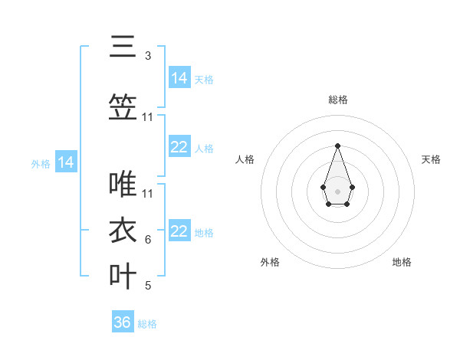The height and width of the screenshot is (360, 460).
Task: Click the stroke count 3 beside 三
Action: click(148, 56)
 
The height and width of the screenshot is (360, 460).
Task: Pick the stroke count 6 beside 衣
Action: click(148, 240)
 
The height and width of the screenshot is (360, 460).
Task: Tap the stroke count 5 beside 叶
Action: click(148, 286)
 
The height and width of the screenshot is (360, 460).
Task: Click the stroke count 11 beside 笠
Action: click(148, 117)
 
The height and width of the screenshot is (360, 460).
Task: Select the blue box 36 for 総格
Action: click(123, 322)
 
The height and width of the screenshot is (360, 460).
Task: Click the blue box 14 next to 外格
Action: click(66, 162)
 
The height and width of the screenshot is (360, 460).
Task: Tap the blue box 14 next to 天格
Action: click(179, 77)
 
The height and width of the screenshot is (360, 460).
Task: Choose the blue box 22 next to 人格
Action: click(179, 147)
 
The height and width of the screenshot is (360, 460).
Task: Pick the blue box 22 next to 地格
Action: click(179, 231)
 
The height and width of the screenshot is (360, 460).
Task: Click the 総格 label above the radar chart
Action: click(337, 100)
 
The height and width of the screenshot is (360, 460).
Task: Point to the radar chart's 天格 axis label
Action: click(431, 159)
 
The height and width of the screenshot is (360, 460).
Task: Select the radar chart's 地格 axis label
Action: click(402, 262)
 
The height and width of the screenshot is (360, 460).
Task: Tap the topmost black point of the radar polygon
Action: click(337, 146)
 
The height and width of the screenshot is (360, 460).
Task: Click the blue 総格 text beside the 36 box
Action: click(147, 324)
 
